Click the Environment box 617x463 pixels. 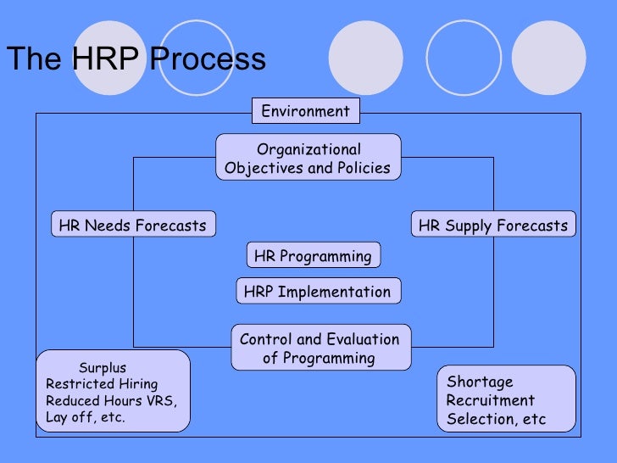coord(305,111)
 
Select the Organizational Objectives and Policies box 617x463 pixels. coord(308,158)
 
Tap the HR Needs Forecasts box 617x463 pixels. coord(132,226)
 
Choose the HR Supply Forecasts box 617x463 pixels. coord(492,226)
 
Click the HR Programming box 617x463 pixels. coord(313,256)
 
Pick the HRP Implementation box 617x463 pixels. coord(317,293)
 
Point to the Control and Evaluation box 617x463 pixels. coord(320,348)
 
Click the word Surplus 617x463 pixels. coord(103,368)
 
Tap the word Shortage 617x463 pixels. coord(480,382)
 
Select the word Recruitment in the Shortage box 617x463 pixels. coord(490,400)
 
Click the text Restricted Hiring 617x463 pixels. coord(102,384)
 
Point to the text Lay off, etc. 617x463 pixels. coord(86,417)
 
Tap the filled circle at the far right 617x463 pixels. coord(549,58)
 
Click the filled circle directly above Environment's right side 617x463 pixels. coord(364,58)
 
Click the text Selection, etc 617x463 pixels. coord(496,419)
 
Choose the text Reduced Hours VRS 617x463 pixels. coord(111,401)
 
